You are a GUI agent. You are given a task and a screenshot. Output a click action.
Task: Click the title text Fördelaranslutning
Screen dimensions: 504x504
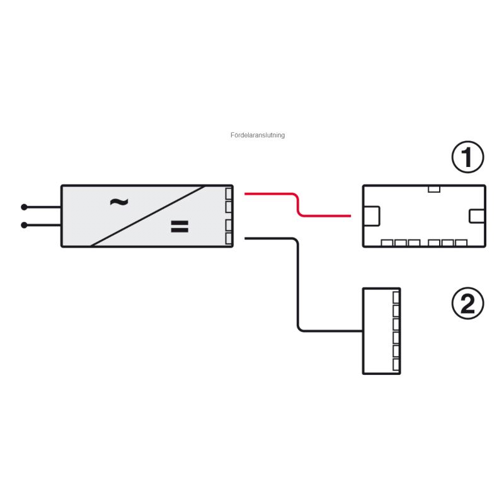tap(258, 135)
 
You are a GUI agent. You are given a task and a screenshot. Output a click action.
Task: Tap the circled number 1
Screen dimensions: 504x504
tap(468, 157)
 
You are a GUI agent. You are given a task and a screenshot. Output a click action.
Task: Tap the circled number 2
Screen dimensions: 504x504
tap(468, 304)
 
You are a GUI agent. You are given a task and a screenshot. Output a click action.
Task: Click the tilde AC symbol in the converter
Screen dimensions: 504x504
tap(118, 202)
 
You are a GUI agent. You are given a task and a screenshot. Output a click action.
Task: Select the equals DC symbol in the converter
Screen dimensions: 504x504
tap(180, 227)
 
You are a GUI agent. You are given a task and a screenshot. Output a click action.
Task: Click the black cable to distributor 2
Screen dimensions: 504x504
tap(297, 283)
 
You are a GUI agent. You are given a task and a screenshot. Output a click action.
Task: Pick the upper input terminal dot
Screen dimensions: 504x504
tap(24, 207)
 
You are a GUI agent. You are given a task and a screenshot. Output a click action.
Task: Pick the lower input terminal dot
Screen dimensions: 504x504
tap(24, 225)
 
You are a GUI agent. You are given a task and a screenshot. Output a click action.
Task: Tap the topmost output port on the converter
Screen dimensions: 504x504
tap(229, 193)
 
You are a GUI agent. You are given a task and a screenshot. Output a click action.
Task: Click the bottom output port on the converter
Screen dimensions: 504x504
tap(229, 238)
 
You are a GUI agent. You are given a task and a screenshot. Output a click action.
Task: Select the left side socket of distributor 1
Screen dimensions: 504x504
tap(372, 215)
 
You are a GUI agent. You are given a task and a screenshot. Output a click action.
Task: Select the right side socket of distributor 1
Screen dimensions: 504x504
tap(477, 215)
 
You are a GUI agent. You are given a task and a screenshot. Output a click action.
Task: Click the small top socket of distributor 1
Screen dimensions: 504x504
tap(433, 188)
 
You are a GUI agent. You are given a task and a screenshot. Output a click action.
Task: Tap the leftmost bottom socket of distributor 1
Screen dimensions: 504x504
tap(387, 243)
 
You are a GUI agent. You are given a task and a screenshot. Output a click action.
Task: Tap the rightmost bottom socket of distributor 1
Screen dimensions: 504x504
tap(461, 243)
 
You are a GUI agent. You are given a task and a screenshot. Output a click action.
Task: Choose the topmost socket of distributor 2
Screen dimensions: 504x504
tap(396, 297)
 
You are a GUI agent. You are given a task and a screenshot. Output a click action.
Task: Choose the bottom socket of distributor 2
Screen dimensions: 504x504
tap(396, 365)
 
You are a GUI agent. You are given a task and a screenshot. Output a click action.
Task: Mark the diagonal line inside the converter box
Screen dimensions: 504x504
tap(148, 215)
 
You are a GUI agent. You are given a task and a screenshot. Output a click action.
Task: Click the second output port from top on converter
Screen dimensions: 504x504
tap(229, 207)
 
